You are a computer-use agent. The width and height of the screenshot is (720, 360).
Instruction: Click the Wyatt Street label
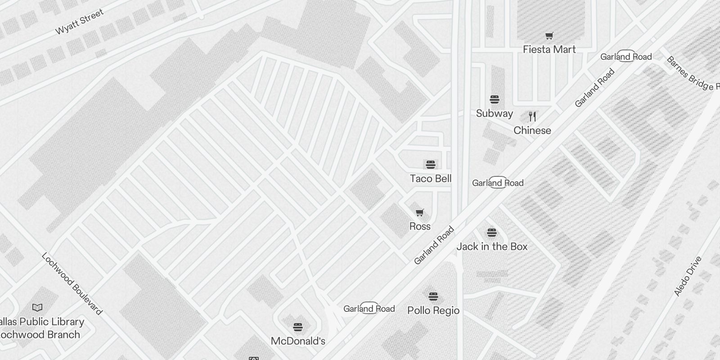[79, 22]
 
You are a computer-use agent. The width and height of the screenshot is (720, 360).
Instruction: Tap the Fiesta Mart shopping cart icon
[549, 36]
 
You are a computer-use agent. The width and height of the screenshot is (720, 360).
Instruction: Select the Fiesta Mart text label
[549, 49]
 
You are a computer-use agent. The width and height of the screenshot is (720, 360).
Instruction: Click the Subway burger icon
[495, 99]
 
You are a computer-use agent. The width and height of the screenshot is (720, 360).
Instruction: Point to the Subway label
[495, 113]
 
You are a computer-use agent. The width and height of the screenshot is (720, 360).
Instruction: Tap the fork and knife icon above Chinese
[532, 117]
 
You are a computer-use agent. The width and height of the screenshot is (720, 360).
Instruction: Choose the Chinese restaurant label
[532, 130]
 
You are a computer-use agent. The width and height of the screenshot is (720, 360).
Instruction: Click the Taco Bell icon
[431, 165]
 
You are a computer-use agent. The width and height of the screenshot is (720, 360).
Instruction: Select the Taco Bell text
[431, 179]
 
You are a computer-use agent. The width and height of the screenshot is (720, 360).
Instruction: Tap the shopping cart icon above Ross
[419, 212]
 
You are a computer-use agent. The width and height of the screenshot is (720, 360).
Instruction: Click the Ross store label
[420, 226]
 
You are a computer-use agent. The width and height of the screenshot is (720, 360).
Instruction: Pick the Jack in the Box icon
[492, 233]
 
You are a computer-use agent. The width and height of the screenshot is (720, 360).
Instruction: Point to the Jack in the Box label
[492, 247]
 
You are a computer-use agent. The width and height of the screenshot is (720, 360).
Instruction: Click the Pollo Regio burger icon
[433, 297]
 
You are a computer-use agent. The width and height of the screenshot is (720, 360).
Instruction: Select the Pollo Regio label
[433, 310]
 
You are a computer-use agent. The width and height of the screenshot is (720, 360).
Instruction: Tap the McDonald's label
[298, 341]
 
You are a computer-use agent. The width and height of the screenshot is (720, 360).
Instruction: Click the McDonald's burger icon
[298, 327]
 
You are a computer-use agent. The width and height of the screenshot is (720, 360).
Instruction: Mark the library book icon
[37, 308]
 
